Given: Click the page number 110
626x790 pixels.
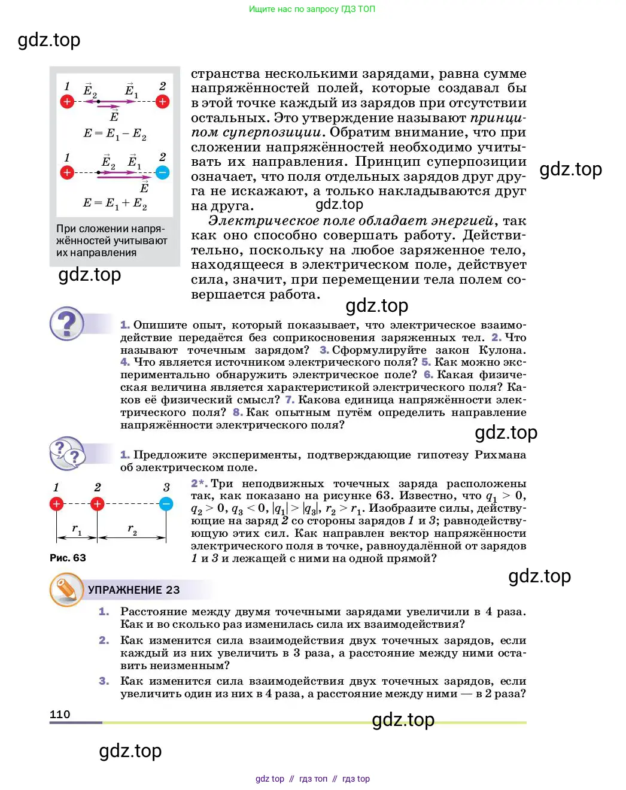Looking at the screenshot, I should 60,714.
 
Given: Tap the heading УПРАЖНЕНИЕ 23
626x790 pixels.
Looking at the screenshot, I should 133,590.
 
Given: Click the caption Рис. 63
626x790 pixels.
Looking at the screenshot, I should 68,558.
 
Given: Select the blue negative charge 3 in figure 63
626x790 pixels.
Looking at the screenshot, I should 166,504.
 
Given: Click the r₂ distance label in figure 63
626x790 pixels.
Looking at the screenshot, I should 132,529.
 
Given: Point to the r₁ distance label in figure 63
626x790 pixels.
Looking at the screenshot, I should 77,529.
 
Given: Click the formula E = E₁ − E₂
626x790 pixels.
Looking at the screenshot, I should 114,133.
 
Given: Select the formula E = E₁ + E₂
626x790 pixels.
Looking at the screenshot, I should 114,203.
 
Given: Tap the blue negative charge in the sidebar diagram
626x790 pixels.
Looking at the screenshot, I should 162,172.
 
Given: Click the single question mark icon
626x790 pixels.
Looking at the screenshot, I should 67,324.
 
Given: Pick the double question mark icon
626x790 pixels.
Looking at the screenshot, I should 67,453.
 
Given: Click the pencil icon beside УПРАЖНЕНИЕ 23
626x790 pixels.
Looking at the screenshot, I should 66,590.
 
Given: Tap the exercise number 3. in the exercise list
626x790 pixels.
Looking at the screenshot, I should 104,681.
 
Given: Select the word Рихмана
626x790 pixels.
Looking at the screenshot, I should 500,455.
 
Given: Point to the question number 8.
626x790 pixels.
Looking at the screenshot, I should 238,412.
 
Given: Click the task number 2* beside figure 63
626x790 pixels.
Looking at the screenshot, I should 199,484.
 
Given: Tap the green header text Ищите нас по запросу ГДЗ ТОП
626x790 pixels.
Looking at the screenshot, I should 312,9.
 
